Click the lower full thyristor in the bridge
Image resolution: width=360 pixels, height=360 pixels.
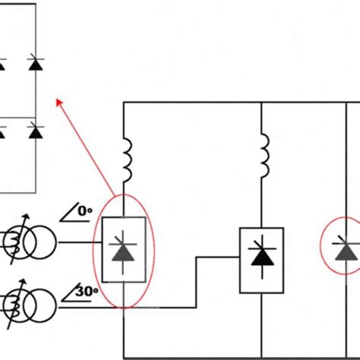tap(34, 131)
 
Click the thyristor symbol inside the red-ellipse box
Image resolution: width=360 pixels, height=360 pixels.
tap(123, 249)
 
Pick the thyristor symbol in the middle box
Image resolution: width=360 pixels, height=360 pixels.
tap(261, 257)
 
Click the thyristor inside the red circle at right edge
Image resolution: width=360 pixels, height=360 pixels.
tap(349, 248)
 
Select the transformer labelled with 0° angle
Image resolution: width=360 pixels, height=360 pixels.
tap(24, 244)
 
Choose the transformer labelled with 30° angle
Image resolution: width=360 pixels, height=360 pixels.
tap(24, 307)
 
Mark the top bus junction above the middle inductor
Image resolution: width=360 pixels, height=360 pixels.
tap(261, 103)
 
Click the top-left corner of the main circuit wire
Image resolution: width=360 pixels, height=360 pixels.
tap(124, 103)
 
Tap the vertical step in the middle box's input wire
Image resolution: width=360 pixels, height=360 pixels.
tap(196, 280)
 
